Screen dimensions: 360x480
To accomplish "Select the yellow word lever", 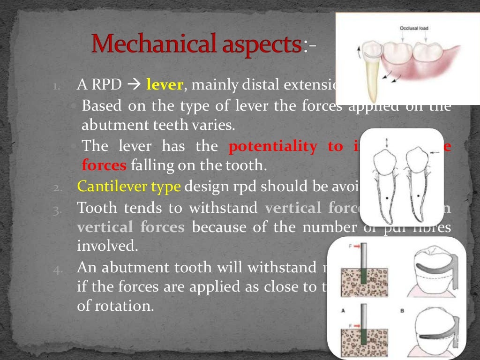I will tap(164, 85).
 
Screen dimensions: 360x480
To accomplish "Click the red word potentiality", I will tap(273, 146).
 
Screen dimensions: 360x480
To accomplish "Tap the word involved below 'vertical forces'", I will tap(107, 247).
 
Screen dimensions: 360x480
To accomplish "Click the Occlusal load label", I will tap(413, 29).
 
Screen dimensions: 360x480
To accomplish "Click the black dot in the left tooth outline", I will tap(387, 199).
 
